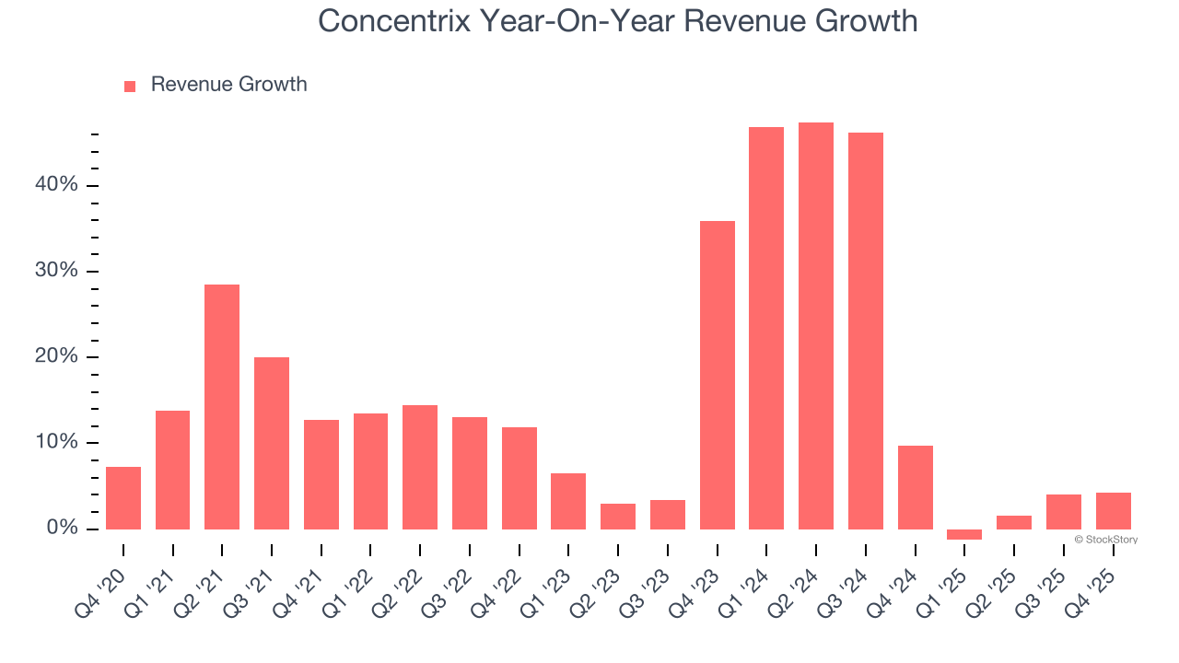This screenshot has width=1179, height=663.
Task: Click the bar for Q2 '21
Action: point(222,406)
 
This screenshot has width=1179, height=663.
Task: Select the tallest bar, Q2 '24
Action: point(816,325)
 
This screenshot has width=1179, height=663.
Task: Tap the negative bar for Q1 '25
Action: point(964,534)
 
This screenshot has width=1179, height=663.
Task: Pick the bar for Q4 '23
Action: point(717,375)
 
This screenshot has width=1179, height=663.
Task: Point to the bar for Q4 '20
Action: point(123,497)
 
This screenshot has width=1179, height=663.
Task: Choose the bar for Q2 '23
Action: point(618,516)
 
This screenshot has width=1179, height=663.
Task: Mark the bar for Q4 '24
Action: point(915,487)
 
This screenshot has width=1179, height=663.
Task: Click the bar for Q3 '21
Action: point(272,443)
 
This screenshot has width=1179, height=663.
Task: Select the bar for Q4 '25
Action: point(1113,510)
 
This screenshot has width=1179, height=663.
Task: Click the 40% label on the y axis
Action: point(56,185)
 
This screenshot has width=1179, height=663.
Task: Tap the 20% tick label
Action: point(56,357)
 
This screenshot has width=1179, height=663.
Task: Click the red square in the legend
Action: point(130,86)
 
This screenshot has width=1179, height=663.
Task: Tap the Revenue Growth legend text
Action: point(228,85)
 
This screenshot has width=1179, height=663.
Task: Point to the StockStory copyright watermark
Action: point(1105,540)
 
